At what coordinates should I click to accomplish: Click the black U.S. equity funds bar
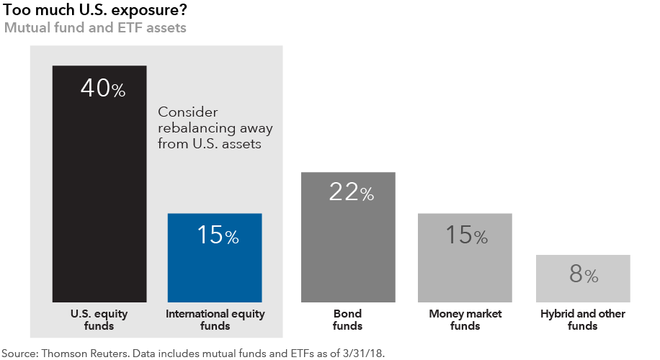point(99,194)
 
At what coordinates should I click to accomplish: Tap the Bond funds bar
point(348,245)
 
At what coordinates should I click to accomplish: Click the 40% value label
point(103,89)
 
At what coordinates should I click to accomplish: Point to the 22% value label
point(351,192)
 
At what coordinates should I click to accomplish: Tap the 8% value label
point(584,275)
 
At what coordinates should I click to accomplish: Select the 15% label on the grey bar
point(467,235)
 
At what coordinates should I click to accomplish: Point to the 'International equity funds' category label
point(215,320)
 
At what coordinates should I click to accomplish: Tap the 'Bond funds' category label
point(347,320)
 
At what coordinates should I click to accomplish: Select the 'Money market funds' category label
point(465,320)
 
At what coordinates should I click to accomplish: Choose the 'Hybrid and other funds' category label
point(583,320)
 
